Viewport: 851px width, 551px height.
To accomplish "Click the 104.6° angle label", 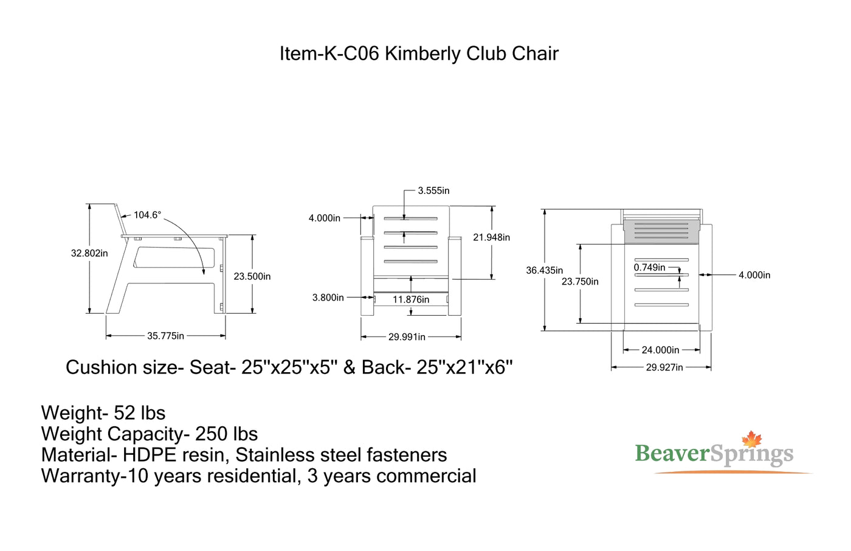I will coord(147,215).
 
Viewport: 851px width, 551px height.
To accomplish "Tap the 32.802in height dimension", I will coord(89,253).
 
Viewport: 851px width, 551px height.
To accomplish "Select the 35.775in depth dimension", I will coord(165,336).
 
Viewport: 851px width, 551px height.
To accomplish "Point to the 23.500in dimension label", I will coord(252,276).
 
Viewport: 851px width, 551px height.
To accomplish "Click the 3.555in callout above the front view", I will coord(433,190).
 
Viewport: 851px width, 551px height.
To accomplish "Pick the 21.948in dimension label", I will coord(491,237).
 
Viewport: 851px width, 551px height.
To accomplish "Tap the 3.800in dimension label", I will coord(328,297).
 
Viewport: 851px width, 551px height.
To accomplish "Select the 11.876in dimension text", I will coord(411,299).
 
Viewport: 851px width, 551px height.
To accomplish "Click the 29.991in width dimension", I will coord(407,337).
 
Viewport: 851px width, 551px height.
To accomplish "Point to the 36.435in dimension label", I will coord(544,270).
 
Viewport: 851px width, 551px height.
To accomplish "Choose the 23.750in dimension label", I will coord(580,282).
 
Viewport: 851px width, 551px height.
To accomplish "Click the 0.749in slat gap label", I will coord(649,268).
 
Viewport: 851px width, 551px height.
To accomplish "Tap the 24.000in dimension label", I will coord(660,350).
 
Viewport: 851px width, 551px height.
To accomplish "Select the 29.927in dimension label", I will coord(664,367).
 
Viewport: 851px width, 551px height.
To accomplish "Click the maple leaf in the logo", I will coord(752,440).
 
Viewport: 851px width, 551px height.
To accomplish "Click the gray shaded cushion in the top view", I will coord(661,232).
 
